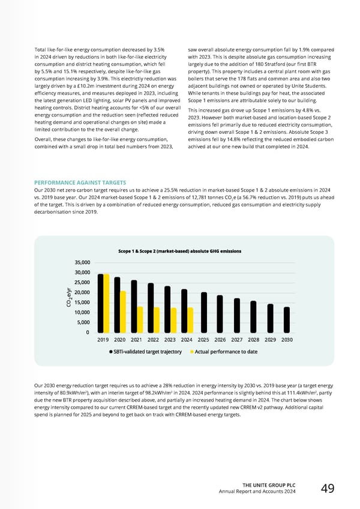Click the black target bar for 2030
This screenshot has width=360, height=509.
point(287,319)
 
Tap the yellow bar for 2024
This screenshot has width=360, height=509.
point(190,319)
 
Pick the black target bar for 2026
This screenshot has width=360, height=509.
point(220,313)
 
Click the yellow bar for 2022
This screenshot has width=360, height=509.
point(157,319)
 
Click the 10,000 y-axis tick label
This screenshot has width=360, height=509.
point(82,312)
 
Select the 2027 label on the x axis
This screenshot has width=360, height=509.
point(236,339)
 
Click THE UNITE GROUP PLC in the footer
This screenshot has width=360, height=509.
point(268,484)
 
